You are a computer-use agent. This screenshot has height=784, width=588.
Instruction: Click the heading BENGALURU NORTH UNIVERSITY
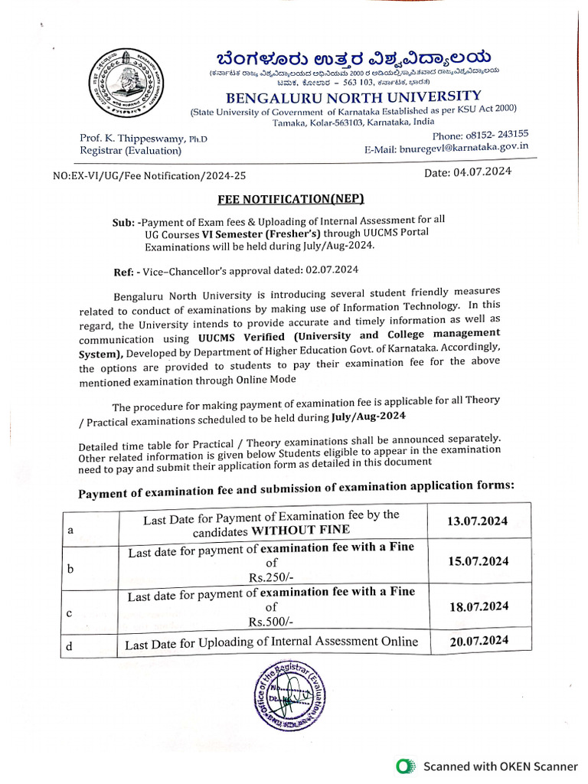click(x=353, y=97)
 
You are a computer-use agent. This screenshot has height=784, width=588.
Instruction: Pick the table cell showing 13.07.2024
click(x=478, y=521)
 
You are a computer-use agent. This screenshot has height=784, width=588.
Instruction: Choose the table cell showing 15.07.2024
click(x=479, y=561)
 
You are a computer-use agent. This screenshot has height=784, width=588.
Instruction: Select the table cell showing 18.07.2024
click(x=479, y=606)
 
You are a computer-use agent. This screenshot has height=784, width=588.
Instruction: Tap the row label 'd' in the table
click(x=69, y=646)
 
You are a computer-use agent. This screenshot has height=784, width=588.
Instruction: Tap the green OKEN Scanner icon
click(x=406, y=766)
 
